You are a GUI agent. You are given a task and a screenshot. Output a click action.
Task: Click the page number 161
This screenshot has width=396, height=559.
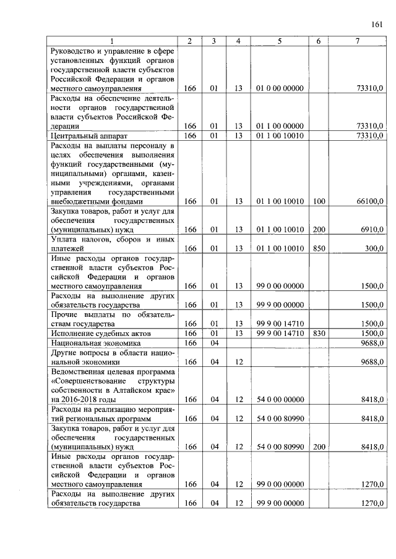coord(377,25)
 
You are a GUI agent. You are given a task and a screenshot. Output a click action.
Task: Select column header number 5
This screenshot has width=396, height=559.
coord(280,41)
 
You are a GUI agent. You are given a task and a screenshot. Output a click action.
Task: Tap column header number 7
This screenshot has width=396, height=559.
coord(357,41)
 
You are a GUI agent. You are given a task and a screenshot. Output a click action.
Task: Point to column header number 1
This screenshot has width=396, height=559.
coord(112,41)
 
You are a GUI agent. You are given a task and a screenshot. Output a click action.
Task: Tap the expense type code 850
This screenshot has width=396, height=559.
coord(318,249)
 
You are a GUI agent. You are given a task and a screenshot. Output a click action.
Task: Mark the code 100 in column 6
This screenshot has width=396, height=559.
coord(318,201)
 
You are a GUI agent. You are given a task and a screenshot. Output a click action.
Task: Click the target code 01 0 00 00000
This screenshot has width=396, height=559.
coord(280,89)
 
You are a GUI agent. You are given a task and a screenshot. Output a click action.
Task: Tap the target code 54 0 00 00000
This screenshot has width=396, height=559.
coord(280,400)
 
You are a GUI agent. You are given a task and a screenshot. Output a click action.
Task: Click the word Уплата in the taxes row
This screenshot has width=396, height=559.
coord(65,239)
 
